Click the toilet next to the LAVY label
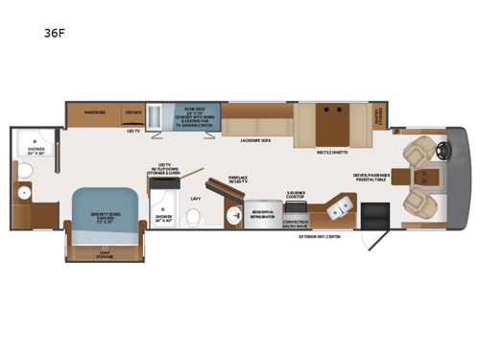pyautogui.click(x=194, y=217)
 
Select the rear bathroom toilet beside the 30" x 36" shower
pyautogui.click(x=27, y=172)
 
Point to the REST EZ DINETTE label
pyautogui.click(x=332, y=153)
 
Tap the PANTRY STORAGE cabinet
pyautogui.click(x=378, y=116)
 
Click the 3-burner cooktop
pyautogui.click(x=295, y=204)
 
